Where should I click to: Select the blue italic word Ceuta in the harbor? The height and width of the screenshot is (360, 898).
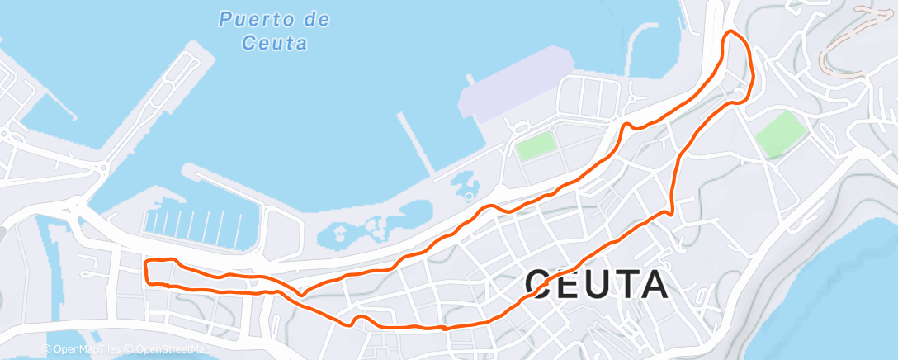click(x=276, y=43)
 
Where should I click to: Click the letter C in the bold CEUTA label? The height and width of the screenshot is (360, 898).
click(x=541, y=285)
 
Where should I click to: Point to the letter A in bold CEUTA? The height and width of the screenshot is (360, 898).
click(x=652, y=285)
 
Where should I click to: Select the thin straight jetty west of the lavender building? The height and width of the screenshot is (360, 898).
click(x=418, y=144)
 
